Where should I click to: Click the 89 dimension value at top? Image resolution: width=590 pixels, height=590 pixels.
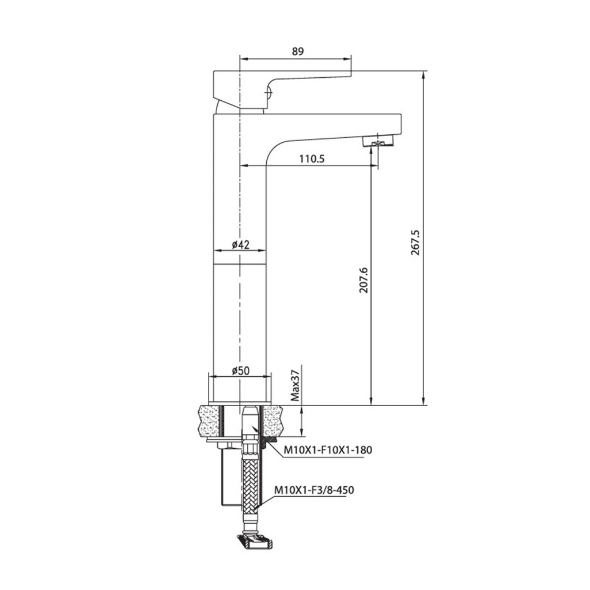pos(298,51)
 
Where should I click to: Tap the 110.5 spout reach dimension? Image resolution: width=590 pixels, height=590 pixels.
pos(312,158)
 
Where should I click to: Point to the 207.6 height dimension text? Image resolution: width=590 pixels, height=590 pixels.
pos(363,280)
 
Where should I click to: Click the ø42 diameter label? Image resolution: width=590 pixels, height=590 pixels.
pos(240,245)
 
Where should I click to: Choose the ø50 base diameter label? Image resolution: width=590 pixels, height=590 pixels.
pos(240,370)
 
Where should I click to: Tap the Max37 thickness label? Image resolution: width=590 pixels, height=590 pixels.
pos(296,385)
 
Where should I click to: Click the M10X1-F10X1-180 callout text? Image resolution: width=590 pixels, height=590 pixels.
pos(328,449)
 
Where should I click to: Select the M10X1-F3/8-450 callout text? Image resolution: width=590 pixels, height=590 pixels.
pos(314,490)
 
